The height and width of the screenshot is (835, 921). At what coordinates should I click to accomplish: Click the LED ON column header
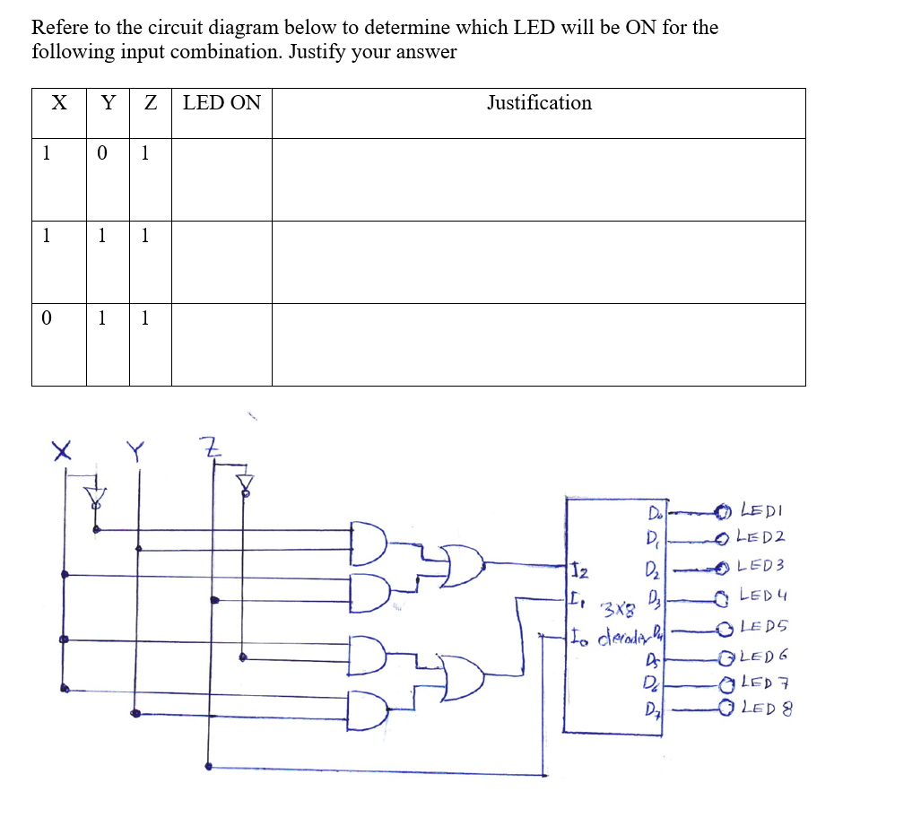(x=222, y=103)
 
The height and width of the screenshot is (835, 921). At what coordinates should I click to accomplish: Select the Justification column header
(x=539, y=103)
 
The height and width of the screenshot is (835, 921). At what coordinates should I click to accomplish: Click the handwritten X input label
(x=61, y=448)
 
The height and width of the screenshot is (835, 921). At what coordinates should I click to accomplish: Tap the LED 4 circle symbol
(x=723, y=596)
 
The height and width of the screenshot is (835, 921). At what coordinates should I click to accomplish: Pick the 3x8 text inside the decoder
(x=613, y=613)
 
